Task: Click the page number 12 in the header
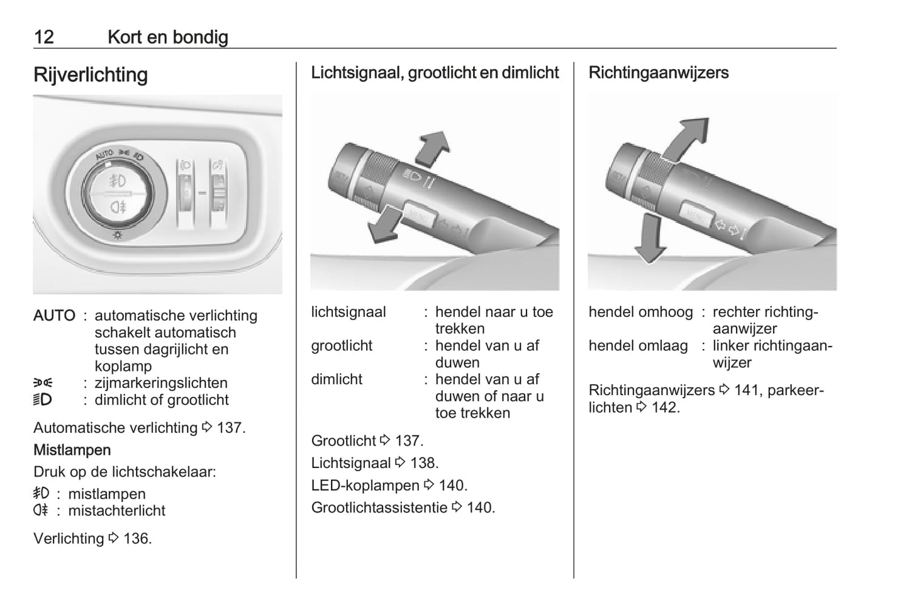[x=44, y=37]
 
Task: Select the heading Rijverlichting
[x=91, y=75]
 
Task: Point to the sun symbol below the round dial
[x=118, y=235]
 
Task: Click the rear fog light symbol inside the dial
[x=118, y=208]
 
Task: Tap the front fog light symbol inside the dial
[x=118, y=181]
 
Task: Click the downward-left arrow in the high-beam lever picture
[x=384, y=225]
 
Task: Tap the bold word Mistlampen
[x=72, y=450]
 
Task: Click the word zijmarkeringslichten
[x=161, y=383]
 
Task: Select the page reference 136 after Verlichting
[x=137, y=539]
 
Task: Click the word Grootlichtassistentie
[x=379, y=508]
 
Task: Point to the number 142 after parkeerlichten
[x=665, y=408]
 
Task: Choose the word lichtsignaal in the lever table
[x=349, y=313]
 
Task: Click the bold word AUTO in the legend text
[x=54, y=316]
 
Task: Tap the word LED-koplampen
[x=365, y=486]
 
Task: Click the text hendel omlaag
[x=639, y=346]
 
